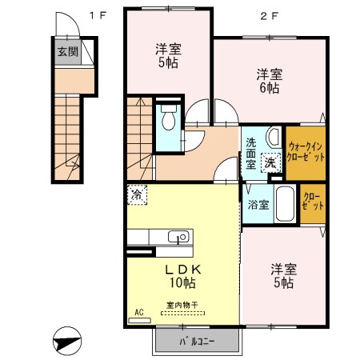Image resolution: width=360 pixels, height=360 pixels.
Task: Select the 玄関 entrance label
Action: [x=66, y=52]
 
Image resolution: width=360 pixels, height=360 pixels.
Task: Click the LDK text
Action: [x=181, y=270]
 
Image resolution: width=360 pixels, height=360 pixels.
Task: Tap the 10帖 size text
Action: [x=181, y=283]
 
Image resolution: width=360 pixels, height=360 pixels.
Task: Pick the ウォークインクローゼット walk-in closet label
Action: [x=306, y=152]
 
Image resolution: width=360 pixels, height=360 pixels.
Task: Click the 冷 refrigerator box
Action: [x=137, y=194]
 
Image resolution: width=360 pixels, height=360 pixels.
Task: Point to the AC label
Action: [x=139, y=313]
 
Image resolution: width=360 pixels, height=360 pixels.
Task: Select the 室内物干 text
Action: [x=182, y=304]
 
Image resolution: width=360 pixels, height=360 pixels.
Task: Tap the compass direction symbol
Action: [x=67, y=342]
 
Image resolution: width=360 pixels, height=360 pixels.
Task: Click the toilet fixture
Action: [x=168, y=119]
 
